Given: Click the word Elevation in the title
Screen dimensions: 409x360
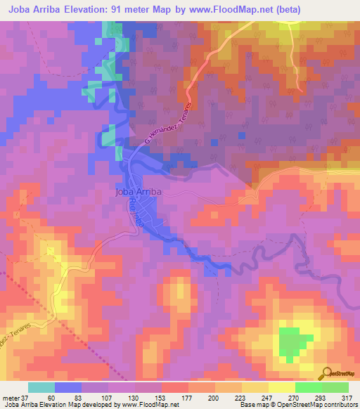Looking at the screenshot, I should (x=109, y=10).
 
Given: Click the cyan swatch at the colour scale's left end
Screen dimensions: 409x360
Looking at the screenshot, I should (x=41, y=387).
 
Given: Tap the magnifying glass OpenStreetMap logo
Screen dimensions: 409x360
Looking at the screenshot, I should (x=328, y=373).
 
